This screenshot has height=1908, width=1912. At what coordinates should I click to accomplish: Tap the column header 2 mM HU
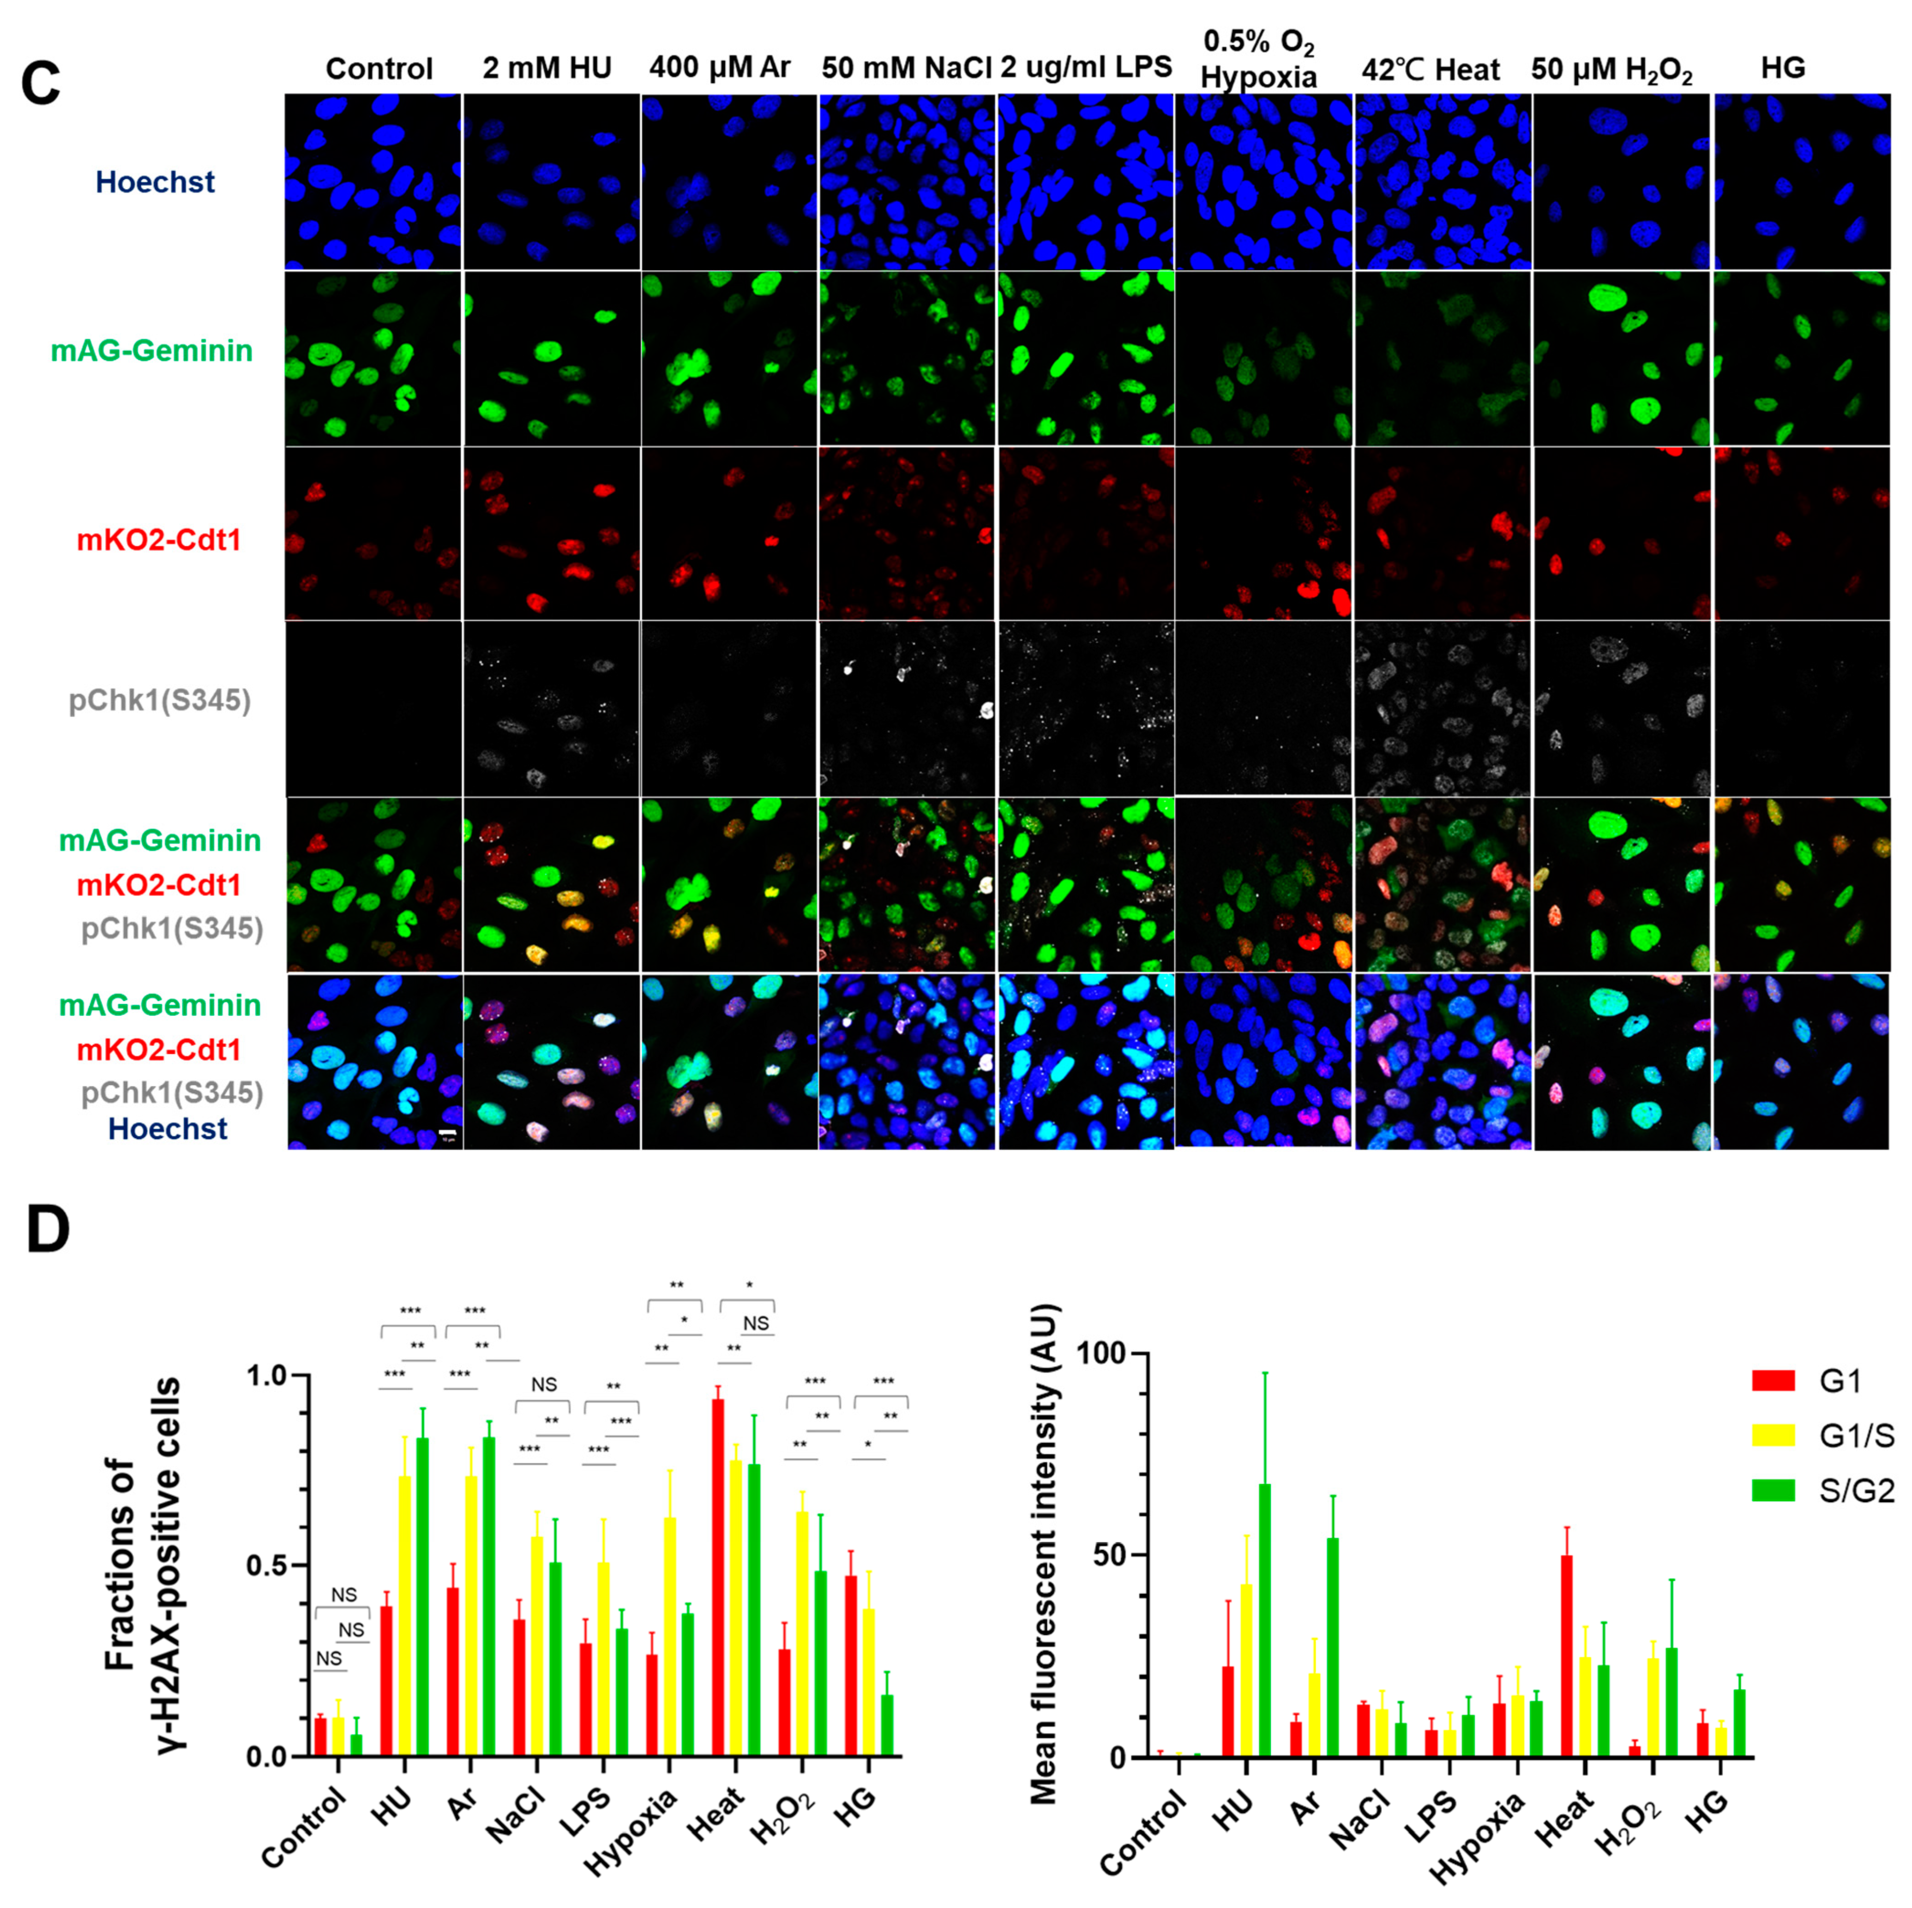pos(547,68)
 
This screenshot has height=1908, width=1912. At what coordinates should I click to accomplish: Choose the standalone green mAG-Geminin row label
pos(151,350)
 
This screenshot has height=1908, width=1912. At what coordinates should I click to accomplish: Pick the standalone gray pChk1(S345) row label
pos(159,701)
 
